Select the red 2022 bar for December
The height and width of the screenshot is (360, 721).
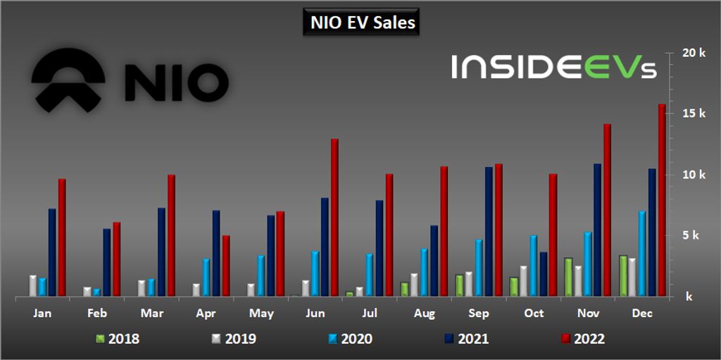662,200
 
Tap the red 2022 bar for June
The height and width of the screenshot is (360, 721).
334,218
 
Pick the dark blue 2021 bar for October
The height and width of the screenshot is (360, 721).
543,274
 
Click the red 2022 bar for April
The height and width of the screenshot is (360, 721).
225,266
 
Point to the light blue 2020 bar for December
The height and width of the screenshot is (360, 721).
642,253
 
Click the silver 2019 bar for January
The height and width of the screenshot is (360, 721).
33,285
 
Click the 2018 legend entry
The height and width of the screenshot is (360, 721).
118,339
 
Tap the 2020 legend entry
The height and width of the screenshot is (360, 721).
350,339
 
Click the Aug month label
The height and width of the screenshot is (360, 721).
425,313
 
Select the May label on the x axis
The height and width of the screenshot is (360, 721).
261,313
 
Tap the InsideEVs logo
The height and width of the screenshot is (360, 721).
554,67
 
